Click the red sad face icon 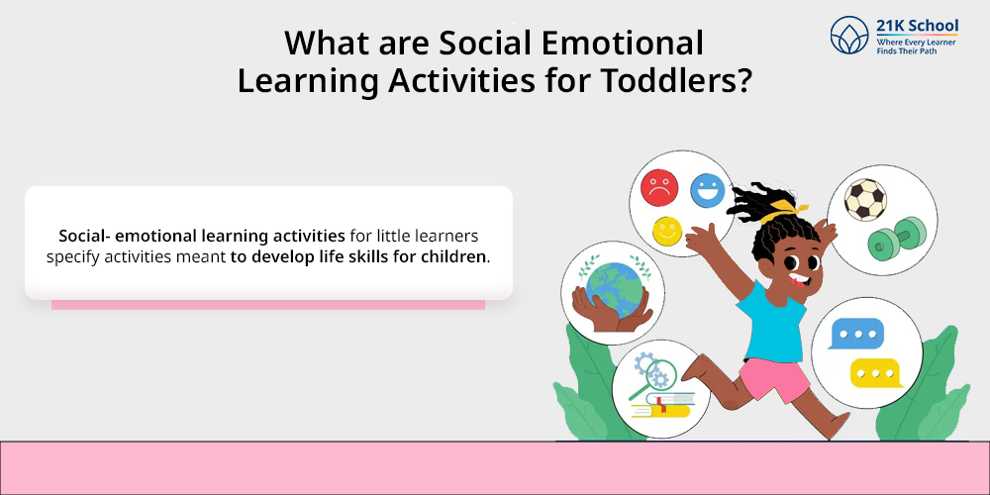(659, 187)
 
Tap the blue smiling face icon (707, 190)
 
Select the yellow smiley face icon (666, 231)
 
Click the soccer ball (865, 200)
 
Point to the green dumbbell (897, 239)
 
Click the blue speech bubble (855, 334)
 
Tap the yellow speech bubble (876, 373)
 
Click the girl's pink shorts (773, 378)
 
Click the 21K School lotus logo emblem (849, 35)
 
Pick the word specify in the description (72, 258)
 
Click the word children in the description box (454, 257)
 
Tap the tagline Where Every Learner (916, 43)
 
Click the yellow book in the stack (665, 411)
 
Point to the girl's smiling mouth (798, 279)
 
